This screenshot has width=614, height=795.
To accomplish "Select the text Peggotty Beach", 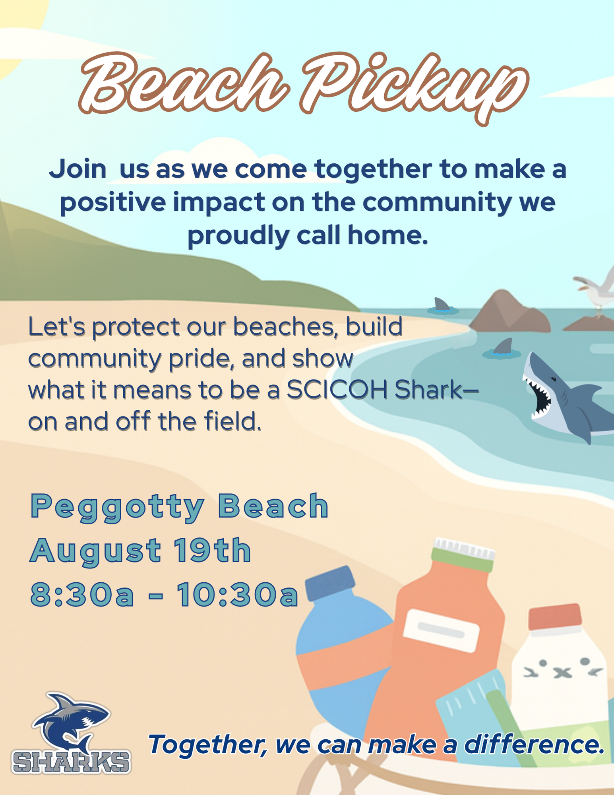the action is tap(179, 507).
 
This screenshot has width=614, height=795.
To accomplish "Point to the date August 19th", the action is tap(141, 551).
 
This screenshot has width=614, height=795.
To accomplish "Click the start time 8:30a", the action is tap(82, 595).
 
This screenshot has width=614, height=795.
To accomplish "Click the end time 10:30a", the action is tap(237, 595).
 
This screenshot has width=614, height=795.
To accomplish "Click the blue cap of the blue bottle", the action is tap(330, 583).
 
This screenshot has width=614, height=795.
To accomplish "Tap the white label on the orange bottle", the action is tap(441, 630).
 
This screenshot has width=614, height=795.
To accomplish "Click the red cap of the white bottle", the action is tap(555, 617).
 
